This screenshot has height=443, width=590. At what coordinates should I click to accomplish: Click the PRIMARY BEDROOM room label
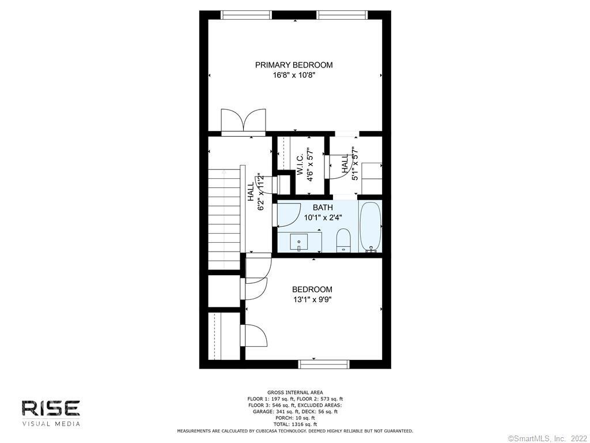pyautogui.click(x=294, y=65)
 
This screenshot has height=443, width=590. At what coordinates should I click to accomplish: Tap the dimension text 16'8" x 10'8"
pyautogui.click(x=294, y=76)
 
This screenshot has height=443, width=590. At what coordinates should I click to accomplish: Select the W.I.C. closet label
pyautogui.click(x=300, y=164)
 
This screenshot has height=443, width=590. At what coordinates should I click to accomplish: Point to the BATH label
pyautogui.click(x=323, y=207)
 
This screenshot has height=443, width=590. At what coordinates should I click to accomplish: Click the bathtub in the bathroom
pyautogui.click(x=370, y=227)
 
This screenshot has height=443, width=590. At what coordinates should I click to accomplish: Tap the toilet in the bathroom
pyautogui.click(x=343, y=240)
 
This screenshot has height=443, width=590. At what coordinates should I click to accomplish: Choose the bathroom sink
pyautogui.click(x=299, y=242)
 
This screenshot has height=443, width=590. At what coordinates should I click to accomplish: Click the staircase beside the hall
pyautogui.click(x=224, y=219)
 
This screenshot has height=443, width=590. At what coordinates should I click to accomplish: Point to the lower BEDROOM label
pyautogui.click(x=312, y=290)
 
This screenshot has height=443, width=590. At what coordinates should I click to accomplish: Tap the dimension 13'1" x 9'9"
pyautogui.click(x=312, y=300)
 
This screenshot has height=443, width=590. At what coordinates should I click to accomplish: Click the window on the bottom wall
pyautogui.click(x=324, y=364)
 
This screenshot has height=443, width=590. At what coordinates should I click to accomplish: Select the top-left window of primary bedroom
pyautogui.click(x=246, y=14)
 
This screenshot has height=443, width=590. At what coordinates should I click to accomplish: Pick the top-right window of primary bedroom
pyautogui.click(x=342, y=14)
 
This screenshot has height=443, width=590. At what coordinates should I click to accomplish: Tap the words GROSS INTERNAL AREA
pyautogui.click(x=295, y=392)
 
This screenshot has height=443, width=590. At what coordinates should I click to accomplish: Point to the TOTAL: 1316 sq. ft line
pyautogui.click(x=295, y=425)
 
